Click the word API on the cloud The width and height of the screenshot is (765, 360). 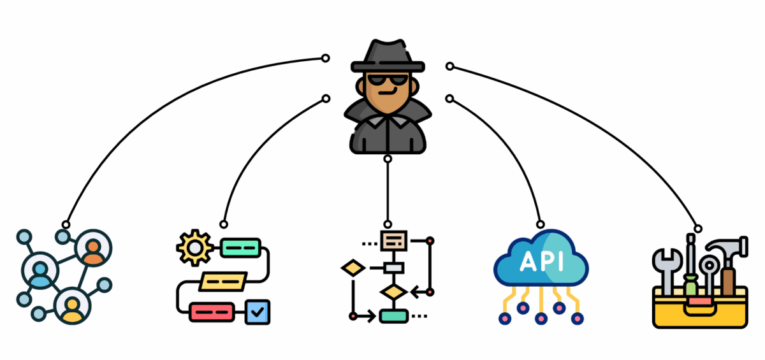[x=541, y=262]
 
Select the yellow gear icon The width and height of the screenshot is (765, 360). [x=193, y=248]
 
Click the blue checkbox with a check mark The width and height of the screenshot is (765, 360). [x=258, y=312]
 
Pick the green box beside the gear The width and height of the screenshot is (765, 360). [x=240, y=247]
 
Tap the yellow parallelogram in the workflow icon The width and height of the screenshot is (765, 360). [x=222, y=280]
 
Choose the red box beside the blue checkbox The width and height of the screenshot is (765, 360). [x=210, y=312]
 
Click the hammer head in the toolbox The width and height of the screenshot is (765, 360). [x=723, y=247]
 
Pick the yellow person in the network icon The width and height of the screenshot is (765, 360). [x=72, y=306]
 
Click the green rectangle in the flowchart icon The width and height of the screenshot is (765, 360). [x=393, y=315]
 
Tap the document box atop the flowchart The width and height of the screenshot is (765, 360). [x=393, y=240]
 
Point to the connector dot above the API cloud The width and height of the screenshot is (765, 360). [x=541, y=224]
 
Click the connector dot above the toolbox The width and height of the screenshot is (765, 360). [x=698, y=228]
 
